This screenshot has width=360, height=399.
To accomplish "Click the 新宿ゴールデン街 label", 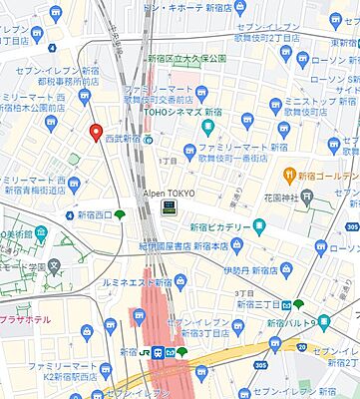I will (x=328, y=177).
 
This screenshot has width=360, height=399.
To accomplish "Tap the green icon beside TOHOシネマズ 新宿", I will (x=208, y=127).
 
